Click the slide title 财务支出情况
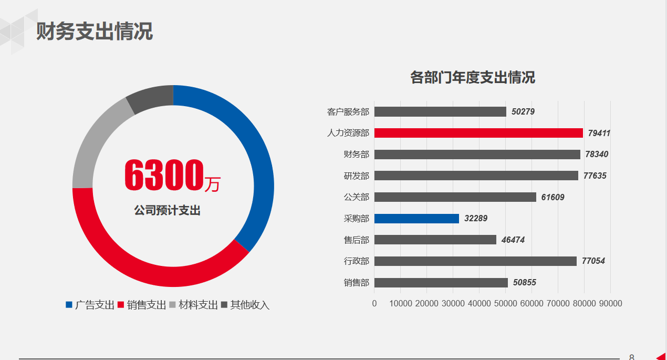[95, 32]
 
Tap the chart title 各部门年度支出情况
[472, 78]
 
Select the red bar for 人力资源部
[478, 133]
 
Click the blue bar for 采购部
[416, 218]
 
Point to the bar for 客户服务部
[440, 111]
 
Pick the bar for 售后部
[435, 240]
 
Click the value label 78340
[597, 155]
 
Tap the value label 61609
[553, 197]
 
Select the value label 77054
[593, 261]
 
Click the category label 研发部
[357, 176]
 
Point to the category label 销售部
[357, 283]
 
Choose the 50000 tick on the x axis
[505, 304]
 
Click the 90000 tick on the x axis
[610, 304]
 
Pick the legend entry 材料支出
[198, 305]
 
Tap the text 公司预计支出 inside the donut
[167, 211]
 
